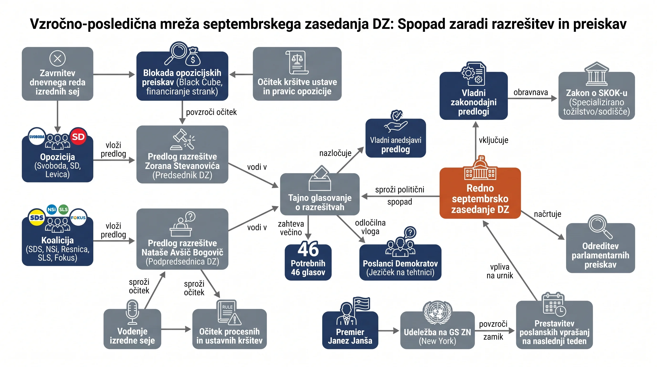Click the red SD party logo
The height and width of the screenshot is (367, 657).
point(78,137)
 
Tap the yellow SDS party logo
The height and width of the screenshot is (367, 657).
point(37,217)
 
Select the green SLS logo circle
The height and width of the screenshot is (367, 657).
point(63,210)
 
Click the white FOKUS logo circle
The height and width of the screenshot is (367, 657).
point(78,217)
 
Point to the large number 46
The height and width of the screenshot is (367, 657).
point(308,249)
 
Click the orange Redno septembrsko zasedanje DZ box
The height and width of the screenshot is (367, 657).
point(480,193)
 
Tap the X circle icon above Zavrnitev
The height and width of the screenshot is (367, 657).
point(57,58)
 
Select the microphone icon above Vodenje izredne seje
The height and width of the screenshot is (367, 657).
point(132,312)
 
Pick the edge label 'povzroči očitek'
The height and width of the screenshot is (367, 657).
point(211,112)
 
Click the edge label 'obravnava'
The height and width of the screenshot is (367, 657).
point(530,92)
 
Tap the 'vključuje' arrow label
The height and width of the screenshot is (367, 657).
point(493,140)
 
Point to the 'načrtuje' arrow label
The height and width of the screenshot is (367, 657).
point(548,214)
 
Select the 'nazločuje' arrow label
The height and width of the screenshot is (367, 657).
point(335,153)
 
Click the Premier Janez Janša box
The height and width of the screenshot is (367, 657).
point(350,330)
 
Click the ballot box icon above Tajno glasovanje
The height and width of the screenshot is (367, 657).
point(320,178)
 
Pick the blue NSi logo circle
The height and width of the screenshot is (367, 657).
point(52,210)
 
